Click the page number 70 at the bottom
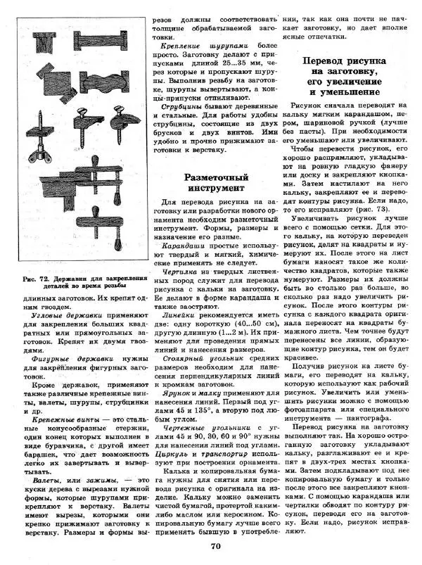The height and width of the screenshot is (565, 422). click(x=216, y=545)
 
